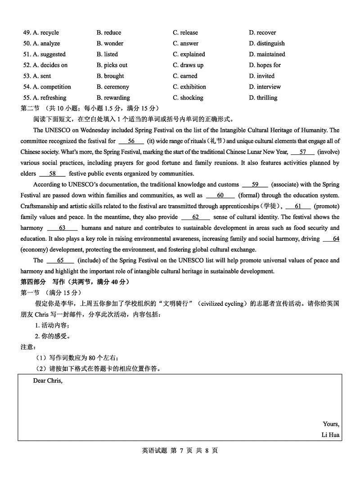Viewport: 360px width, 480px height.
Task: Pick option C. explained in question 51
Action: (189, 54)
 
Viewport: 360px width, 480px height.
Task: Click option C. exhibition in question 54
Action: (189, 87)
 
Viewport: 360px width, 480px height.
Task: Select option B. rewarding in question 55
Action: (113, 98)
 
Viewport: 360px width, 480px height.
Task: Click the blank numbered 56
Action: (131, 141)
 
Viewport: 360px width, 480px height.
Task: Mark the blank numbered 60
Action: (220, 195)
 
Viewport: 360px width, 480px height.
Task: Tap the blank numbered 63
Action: (62, 228)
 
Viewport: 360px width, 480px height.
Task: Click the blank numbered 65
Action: (60, 260)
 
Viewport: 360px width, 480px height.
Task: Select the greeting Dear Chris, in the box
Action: (48, 381)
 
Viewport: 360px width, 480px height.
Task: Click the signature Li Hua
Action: (330, 435)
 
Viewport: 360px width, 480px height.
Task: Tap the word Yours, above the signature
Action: (331, 424)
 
